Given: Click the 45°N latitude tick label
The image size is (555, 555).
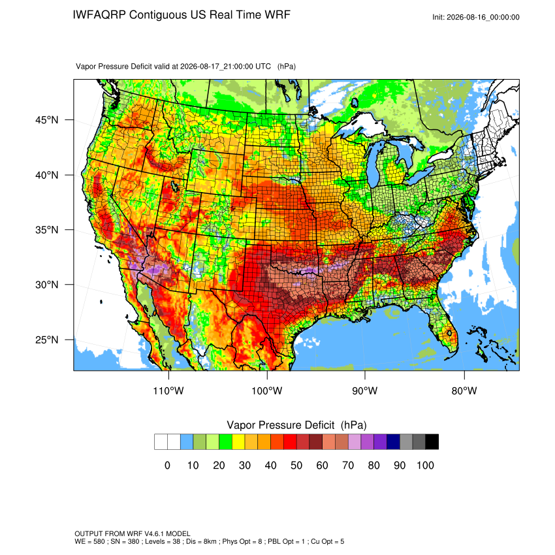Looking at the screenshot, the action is click(47, 120).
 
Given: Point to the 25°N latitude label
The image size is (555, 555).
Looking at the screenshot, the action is click(47, 340).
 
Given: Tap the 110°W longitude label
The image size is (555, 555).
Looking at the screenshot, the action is click(168, 390).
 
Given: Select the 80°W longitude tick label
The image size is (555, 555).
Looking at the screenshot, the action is click(464, 390).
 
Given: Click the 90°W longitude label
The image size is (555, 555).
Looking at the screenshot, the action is click(364, 390).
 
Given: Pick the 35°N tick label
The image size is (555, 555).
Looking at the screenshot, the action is click(47, 230).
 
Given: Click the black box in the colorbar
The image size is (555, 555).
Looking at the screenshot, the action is click(432, 442).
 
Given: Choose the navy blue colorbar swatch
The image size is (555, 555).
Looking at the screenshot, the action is click(393, 442).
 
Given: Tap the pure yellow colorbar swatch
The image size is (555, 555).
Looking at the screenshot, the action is click(238, 442).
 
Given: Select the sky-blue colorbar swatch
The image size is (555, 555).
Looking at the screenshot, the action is click(187, 442).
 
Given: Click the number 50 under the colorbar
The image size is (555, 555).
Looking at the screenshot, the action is click(296, 465).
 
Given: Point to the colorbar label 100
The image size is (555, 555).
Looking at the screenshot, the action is click(426, 465).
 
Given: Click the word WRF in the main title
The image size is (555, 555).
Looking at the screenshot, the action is click(279, 15).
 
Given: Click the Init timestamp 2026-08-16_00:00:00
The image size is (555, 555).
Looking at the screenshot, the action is click(483, 17).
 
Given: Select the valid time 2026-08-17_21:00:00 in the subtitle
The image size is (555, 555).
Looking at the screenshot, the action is click(225, 67).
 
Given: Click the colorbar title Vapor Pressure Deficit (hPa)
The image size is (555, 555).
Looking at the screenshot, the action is click(296, 425).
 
